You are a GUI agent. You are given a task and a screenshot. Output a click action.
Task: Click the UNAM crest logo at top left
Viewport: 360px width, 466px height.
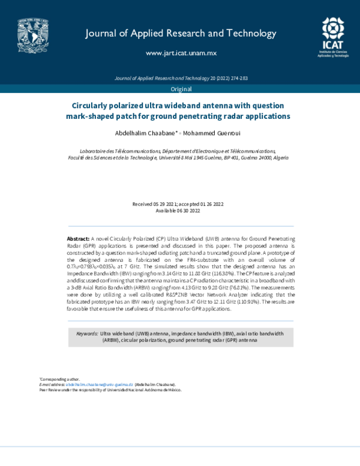coord(33,33)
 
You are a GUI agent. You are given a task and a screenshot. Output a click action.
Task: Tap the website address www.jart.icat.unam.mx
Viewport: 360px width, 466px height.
coord(181,53)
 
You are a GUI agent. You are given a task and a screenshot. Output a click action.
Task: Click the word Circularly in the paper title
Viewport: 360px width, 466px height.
coord(93,104)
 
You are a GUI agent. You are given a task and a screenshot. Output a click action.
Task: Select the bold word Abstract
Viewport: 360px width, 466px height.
coord(78,238)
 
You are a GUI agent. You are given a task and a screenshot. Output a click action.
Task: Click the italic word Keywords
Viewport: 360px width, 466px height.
coord(87,333)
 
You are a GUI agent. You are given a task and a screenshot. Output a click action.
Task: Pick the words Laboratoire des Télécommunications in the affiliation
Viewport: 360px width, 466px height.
coord(110,151)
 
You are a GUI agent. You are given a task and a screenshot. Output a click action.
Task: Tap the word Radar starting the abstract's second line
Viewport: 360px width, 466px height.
coord(76,246)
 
